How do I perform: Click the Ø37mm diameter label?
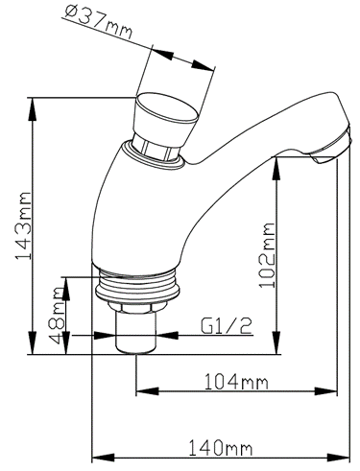tap(98, 21)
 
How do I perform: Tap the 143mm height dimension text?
tap(24, 225)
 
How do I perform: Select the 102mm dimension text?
tap(267, 255)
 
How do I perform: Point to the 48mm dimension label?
tap(58, 316)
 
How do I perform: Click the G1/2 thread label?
tap(227, 326)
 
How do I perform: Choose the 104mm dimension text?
tap(236, 382)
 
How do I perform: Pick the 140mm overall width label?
tap(221, 448)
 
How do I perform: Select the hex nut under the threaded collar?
tap(137, 307)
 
